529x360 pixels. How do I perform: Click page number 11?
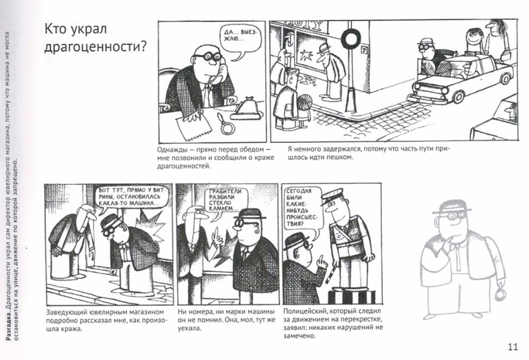click(513, 347)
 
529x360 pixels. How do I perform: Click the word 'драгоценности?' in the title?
click(95, 46)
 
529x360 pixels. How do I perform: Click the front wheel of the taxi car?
click(459, 97)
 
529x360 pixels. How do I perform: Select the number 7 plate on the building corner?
click(364, 50)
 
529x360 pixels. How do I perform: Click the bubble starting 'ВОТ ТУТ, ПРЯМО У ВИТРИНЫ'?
click(131, 196)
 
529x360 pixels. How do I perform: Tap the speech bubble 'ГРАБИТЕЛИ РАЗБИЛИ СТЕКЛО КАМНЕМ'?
click(225, 201)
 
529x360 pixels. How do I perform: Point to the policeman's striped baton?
click(329, 274)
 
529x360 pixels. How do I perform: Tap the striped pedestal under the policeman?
click(351, 296)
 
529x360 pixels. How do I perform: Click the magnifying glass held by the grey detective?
click(499, 294)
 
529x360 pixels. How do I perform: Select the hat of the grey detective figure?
click(451, 207)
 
